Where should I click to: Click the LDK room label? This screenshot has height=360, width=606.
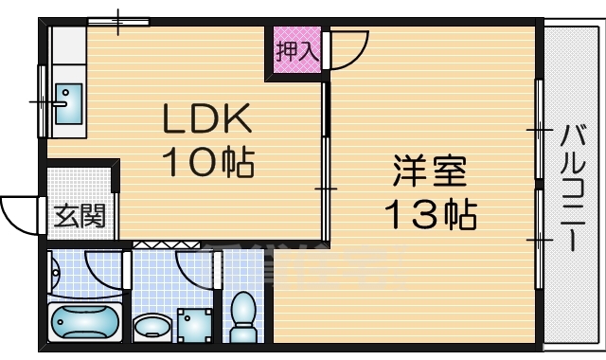[x=207, y=119]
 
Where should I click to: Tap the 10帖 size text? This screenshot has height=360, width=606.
[x=207, y=164]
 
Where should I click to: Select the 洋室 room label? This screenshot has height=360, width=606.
[x=430, y=174]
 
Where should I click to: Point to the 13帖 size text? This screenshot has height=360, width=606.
[x=430, y=217]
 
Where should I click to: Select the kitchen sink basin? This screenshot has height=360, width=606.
[x=67, y=102]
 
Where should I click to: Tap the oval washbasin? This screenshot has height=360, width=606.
[x=151, y=328]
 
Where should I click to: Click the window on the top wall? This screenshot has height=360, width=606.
[x=118, y=21]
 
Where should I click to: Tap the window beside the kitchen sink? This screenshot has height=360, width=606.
[x=42, y=99]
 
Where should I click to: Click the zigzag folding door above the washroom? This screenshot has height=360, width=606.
[x=152, y=244]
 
